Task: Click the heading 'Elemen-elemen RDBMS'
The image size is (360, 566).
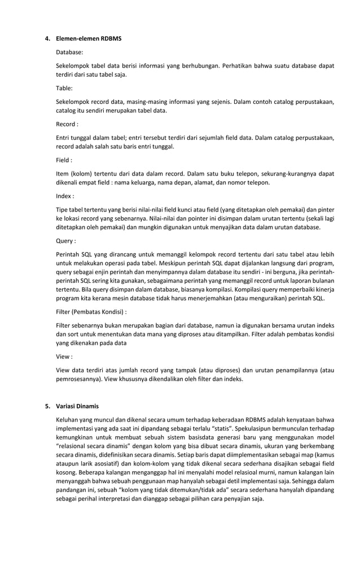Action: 89,38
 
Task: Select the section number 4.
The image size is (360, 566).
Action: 47,38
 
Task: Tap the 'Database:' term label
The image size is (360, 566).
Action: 69,52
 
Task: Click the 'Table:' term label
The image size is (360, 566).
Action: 64,88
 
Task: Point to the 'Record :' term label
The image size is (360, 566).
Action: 67,124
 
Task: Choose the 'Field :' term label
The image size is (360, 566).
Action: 64,160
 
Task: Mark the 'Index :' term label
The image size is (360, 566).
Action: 65,196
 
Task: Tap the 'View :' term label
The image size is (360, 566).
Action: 64,356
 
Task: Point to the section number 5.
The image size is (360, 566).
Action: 47,406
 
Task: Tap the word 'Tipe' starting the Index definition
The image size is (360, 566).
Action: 63,210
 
